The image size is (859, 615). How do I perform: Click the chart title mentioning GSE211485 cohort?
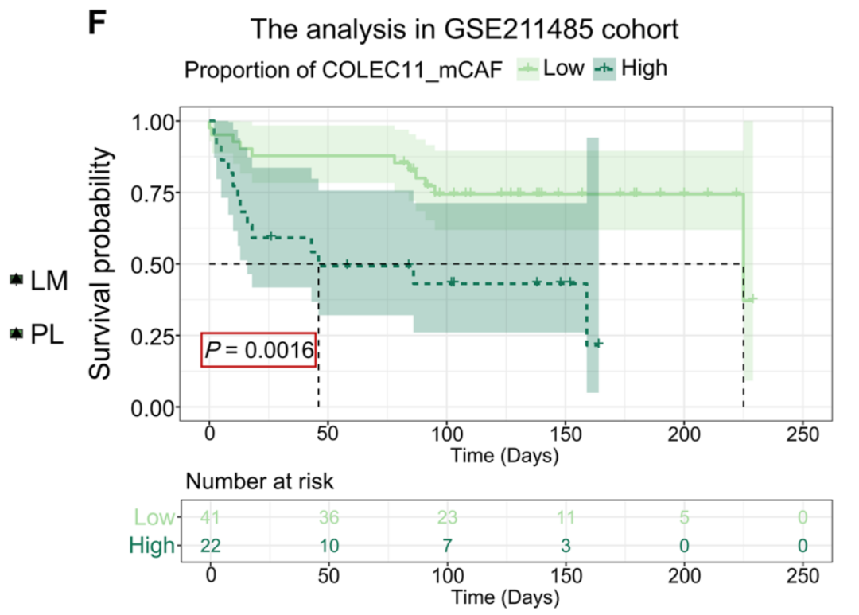point(464,30)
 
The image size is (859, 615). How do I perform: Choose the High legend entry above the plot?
point(643,68)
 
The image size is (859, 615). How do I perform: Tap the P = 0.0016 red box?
point(258,350)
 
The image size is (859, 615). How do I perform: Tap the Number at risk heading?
point(259,481)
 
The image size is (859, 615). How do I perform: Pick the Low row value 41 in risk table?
point(210,518)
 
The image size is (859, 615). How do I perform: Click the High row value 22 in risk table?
point(210,546)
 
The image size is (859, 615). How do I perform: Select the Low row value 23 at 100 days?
point(446,518)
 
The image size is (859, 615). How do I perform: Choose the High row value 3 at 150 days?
point(565,546)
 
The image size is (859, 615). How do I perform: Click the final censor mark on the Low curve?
point(750,299)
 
